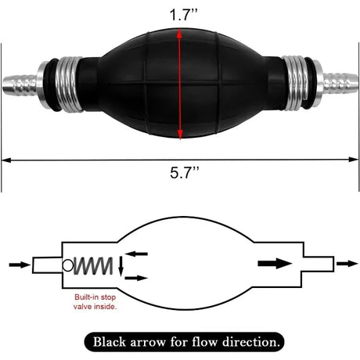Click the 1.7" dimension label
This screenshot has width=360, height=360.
183,15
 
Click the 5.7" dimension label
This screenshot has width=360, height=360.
184,172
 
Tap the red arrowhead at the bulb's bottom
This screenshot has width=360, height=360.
180,135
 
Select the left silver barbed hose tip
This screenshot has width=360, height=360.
20,85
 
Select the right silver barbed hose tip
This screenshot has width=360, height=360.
340,83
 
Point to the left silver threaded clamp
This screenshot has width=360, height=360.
68,85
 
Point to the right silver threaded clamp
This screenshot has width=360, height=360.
296,83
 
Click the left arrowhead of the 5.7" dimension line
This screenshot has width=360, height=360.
6,160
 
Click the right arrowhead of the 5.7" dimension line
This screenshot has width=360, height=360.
354,160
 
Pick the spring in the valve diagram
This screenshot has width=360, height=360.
93,266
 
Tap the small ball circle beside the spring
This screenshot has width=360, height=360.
68,265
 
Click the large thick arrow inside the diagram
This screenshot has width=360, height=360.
275,264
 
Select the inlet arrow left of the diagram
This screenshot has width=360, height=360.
20,265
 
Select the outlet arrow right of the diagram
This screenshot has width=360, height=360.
347,264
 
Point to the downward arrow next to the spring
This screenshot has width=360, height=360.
121,266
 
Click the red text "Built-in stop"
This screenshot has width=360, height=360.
95,297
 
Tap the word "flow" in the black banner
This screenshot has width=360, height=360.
204,342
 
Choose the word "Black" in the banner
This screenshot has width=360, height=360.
110,342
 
